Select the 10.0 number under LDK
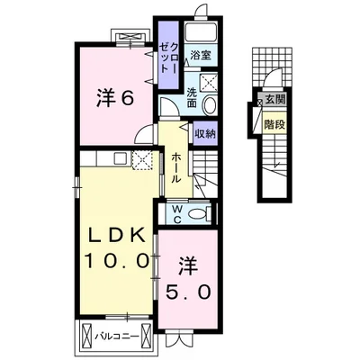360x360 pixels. point(116,260)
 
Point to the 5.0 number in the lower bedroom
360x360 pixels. point(188,292)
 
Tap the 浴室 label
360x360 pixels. point(201,55)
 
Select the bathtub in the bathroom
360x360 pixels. point(201,31)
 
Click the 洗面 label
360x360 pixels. point(192,98)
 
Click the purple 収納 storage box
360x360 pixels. point(205,134)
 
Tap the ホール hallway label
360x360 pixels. point(176,167)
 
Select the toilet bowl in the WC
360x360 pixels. point(198,214)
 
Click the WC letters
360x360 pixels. point(177,214)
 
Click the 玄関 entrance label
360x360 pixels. point(275,99)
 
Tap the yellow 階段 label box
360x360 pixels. point(274,124)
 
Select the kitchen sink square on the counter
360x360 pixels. point(121,158)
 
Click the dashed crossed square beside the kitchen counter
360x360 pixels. point(142,160)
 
